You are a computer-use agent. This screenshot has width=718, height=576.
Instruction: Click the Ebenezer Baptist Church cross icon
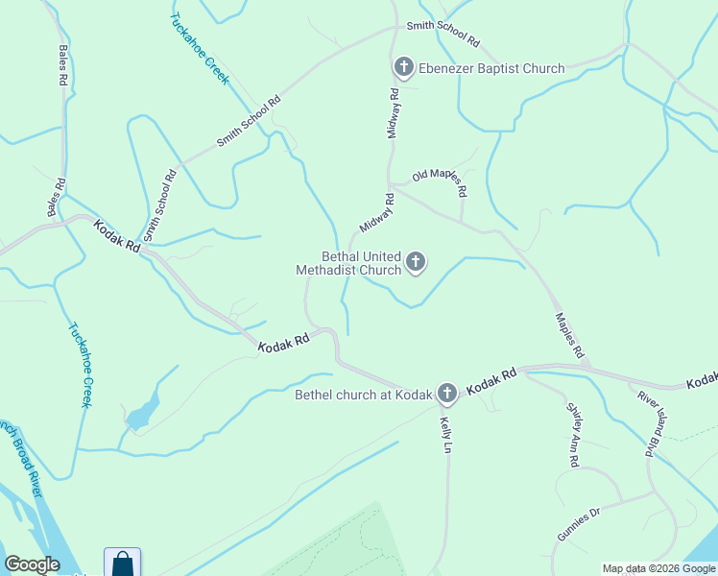pyautogui.click(x=403, y=68)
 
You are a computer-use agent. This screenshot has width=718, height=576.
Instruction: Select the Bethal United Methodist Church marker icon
pyautogui.click(x=416, y=262)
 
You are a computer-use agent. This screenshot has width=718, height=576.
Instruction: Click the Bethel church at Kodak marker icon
pyautogui.click(x=446, y=393)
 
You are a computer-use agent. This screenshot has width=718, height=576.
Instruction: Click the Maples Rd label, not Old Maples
pyautogui.click(x=570, y=335)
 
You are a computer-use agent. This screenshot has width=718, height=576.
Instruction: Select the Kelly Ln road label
pyautogui.click(x=446, y=435)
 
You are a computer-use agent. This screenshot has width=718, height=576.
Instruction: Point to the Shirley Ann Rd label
pyautogui.click(x=571, y=434)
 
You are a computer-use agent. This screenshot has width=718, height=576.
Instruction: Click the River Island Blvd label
pyautogui.click(x=651, y=421)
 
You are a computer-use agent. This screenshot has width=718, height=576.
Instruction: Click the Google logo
pyautogui.click(x=32, y=564)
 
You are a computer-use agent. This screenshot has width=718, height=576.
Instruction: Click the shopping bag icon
pyautogui.click(x=122, y=563)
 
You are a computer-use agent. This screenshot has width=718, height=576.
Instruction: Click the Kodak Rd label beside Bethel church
pyautogui.click(x=492, y=381)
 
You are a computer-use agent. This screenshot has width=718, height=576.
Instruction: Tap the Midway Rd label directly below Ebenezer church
pyautogui.click(x=393, y=113)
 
